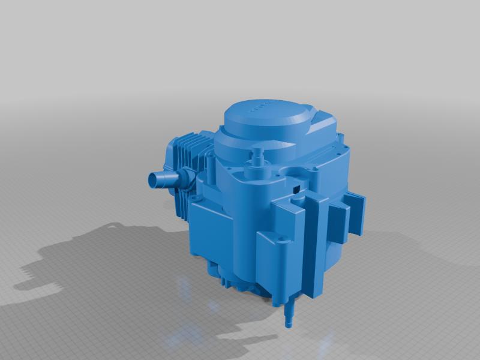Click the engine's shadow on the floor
pyautogui.click(x=90, y=258)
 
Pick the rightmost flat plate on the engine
pyautogui.click(x=355, y=213)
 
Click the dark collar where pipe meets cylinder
pyautogui.click(x=183, y=178)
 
